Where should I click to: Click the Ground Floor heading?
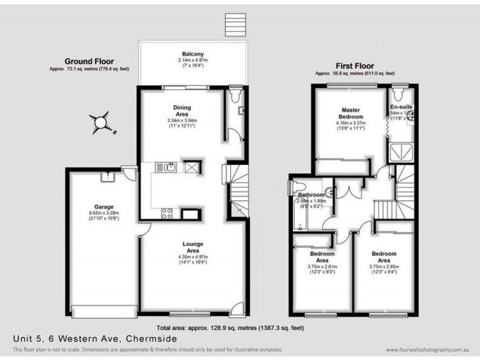[x=89, y=61]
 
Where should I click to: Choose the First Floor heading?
[x=355, y=66]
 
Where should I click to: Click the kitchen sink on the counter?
[x=170, y=167]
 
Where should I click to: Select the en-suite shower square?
[x=398, y=152]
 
